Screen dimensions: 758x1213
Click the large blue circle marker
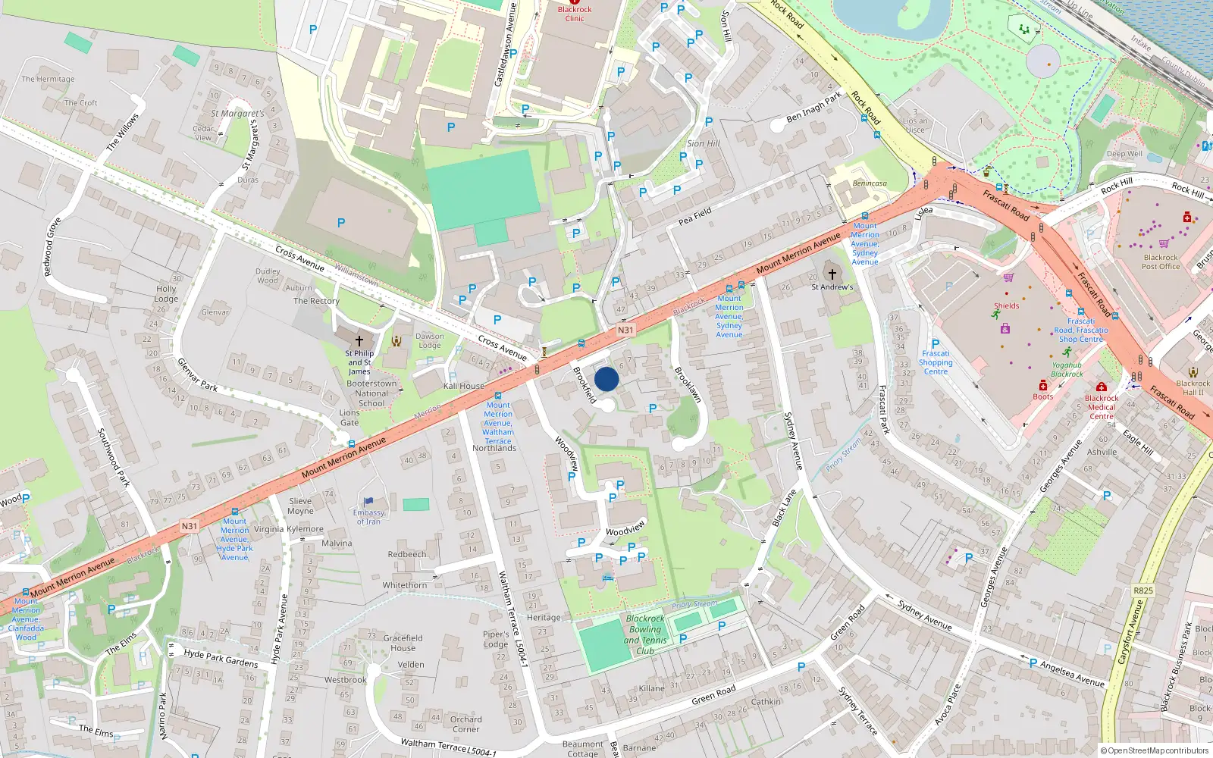pos(606,379)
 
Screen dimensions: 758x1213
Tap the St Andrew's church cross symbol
pos(832,274)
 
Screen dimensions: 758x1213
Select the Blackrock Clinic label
pos(575,14)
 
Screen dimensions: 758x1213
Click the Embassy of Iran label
pos(368,517)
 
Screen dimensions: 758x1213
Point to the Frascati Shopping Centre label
pos(936,362)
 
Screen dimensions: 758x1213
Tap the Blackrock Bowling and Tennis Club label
pos(645,634)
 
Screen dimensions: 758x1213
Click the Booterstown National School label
pos(371,393)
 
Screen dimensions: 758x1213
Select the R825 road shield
pos(1142,590)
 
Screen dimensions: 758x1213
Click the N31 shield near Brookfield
pos(625,330)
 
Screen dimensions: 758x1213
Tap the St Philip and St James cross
pos(359,341)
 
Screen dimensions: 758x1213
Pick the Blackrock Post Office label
pos(1161,262)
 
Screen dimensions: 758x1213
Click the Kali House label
pos(464,386)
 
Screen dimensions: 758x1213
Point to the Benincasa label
pos(870,183)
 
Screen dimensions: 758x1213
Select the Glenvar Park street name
pos(197,375)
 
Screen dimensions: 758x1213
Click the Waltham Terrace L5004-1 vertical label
pos(512,619)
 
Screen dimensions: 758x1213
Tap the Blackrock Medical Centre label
pos(1102,407)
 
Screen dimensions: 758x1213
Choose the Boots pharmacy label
pos(1043,396)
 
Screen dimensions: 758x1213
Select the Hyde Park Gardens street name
pos(221,657)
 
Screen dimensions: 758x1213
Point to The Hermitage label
pos(48,79)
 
